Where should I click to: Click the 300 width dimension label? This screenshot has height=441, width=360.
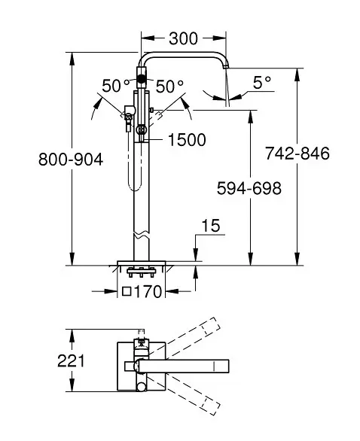[x=183, y=38]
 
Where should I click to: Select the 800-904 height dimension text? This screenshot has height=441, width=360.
[x=71, y=160]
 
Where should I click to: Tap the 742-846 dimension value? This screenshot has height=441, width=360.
[x=297, y=154]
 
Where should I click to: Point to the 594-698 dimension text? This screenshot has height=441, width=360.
[x=249, y=188]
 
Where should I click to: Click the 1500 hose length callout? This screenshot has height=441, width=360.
[x=187, y=139]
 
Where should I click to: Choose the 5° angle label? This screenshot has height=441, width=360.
[x=262, y=83]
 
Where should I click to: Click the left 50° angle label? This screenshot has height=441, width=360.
[x=116, y=86]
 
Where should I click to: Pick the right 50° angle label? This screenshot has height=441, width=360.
[x=169, y=86]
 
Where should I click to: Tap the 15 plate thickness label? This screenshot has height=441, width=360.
[x=211, y=225]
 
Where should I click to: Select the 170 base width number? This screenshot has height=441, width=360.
[x=148, y=291]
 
